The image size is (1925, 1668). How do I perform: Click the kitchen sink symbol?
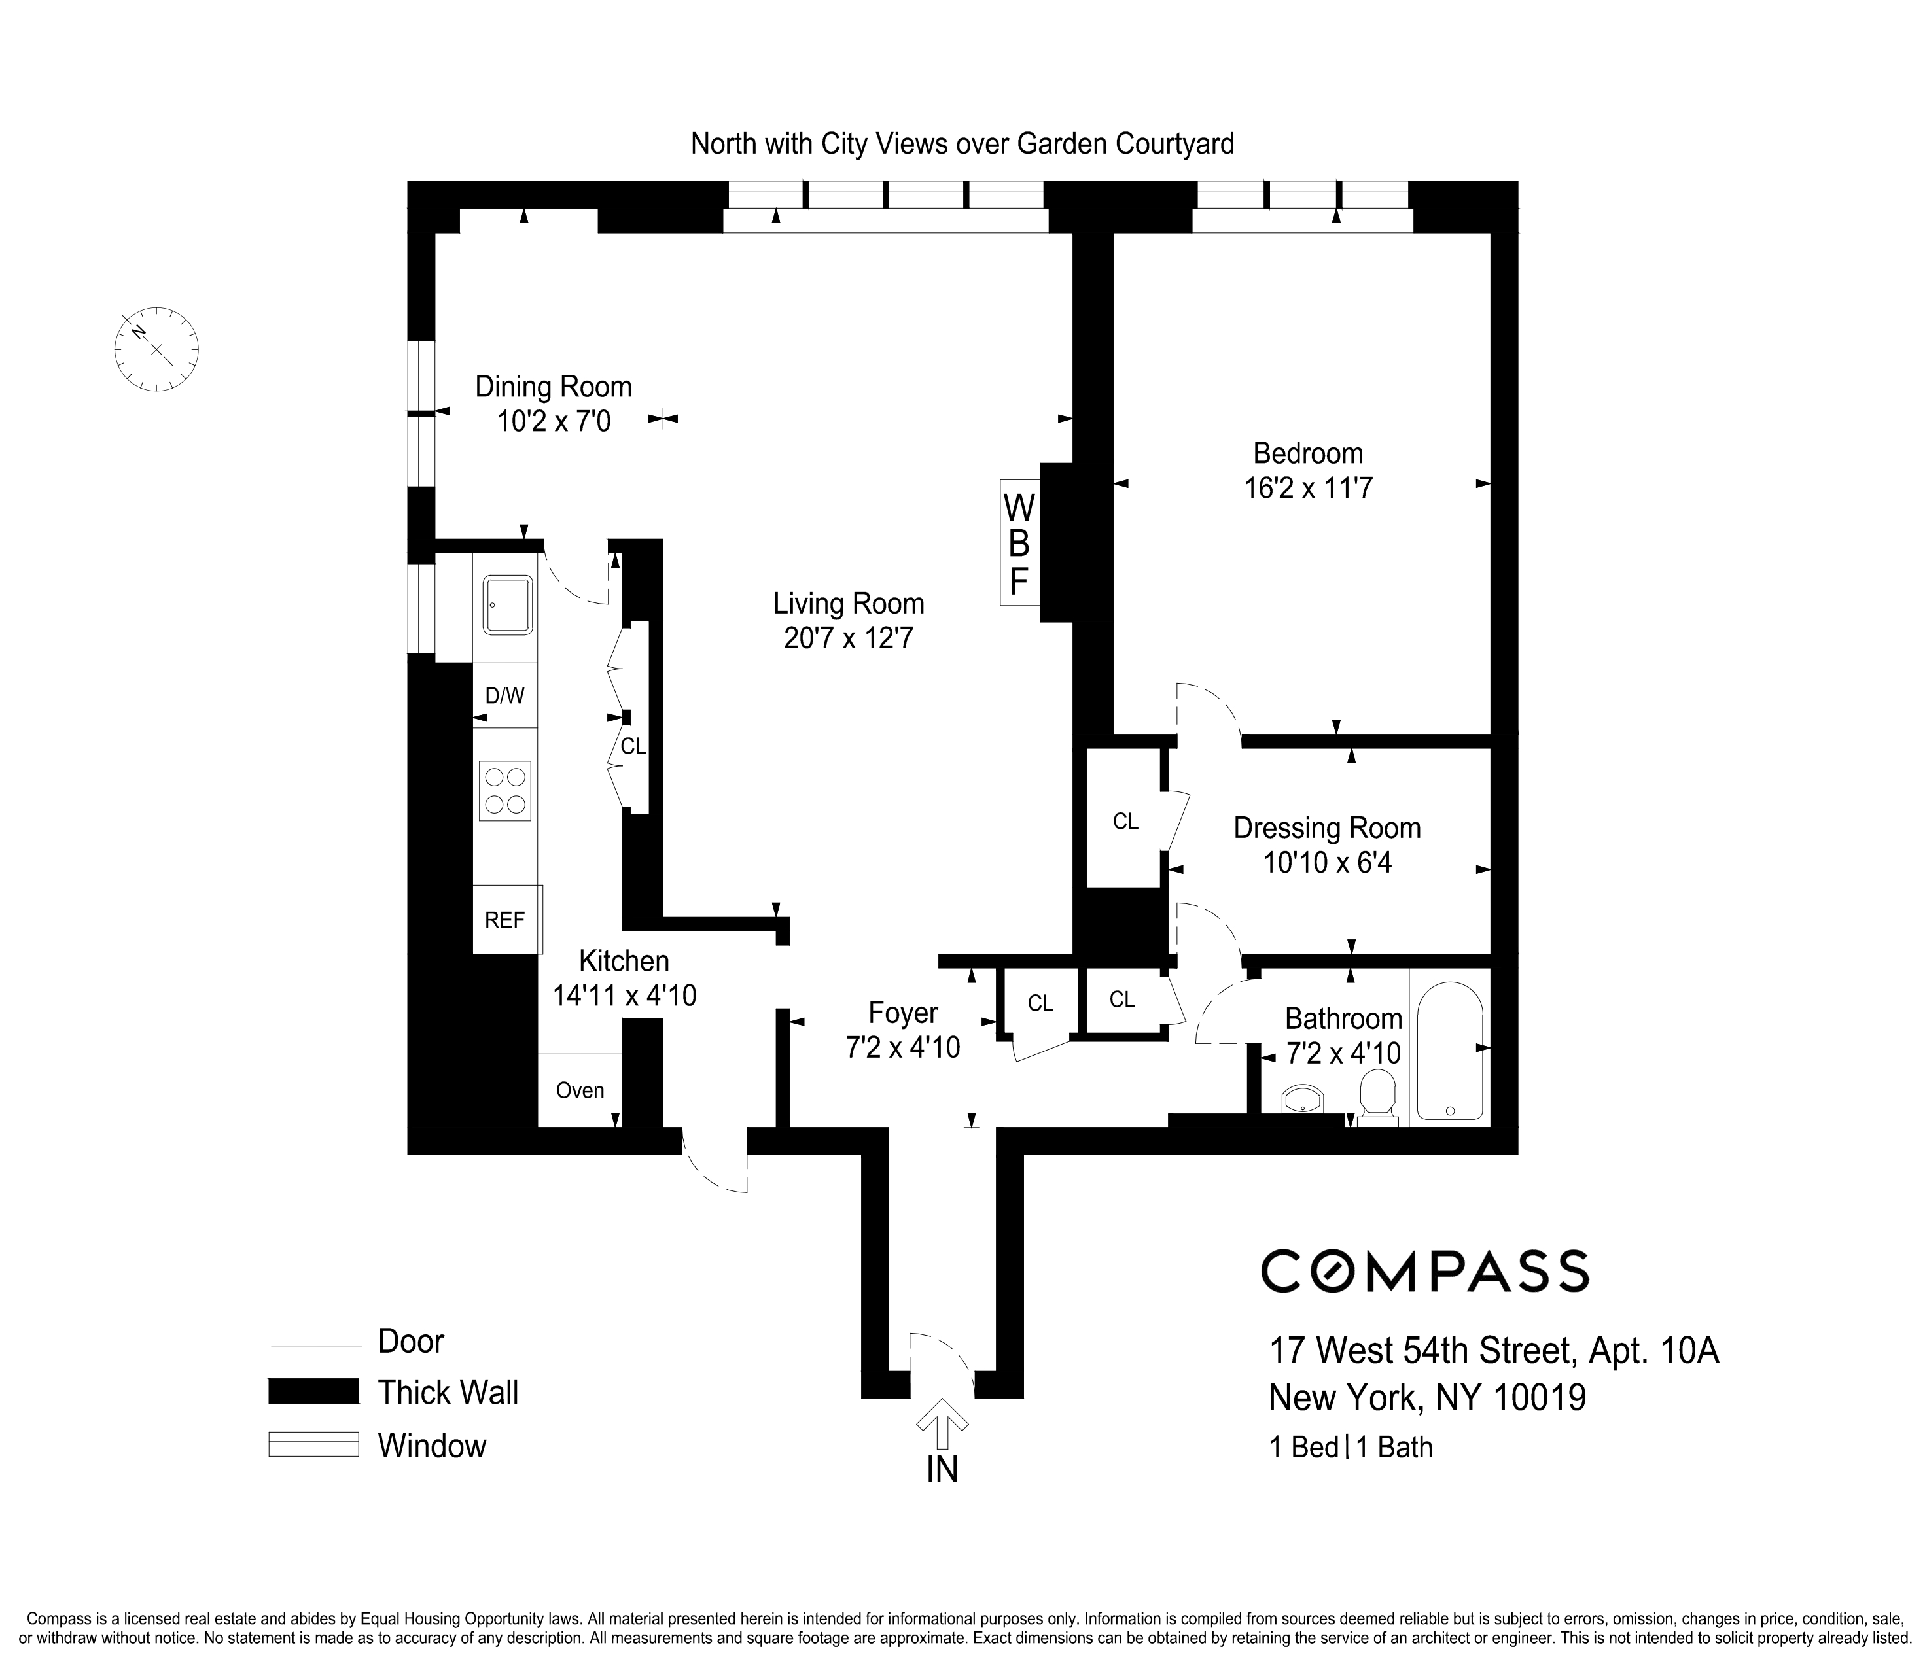tap(507, 604)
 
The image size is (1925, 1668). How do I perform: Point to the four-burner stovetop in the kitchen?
tap(505, 790)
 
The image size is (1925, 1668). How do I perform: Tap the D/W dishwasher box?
tap(504, 695)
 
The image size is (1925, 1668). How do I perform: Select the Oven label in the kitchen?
tap(579, 1090)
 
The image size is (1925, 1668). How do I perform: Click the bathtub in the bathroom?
tap(1449, 1051)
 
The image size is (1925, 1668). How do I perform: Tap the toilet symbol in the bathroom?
tap(1377, 1096)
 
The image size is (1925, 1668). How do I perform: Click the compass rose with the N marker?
tap(156, 349)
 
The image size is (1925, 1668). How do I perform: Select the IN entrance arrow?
tap(942, 1422)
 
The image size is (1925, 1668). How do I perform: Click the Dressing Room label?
tap(1326, 827)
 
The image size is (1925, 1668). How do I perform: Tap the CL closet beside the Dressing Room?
tap(1125, 821)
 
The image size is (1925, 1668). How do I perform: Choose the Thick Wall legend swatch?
tap(313, 1391)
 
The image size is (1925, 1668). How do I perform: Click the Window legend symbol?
tap(313, 1444)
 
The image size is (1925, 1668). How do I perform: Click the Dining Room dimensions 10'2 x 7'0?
tap(553, 422)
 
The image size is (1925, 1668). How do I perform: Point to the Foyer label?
tap(902, 1012)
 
